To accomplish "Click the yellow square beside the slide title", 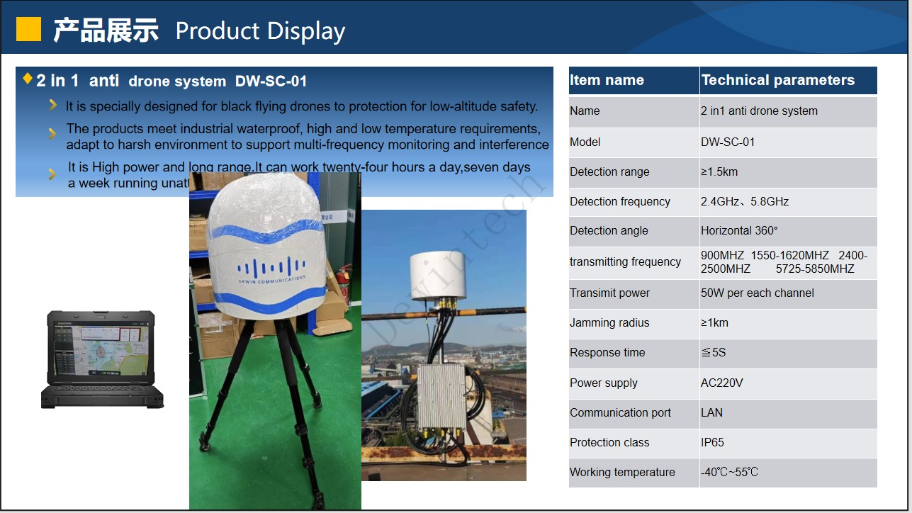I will pyautogui.click(x=28, y=29).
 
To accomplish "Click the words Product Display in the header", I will pyautogui.click(x=260, y=31).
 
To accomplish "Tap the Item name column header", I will pyautogui.click(x=607, y=80).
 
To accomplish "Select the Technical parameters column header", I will pyautogui.click(x=777, y=80).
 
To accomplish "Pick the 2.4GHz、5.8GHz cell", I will pyautogui.click(x=744, y=201).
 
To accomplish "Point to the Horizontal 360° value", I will pyautogui.click(x=739, y=230).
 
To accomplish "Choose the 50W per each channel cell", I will pyautogui.click(x=757, y=293).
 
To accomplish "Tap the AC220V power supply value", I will pyautogui.click(x=721, y=383).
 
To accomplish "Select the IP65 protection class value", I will pyautogui.click(x=712, y=442).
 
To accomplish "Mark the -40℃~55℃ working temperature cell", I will pyautogui.click(x=729, y=472).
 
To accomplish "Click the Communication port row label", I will pyautogui.click(x=620, y=412).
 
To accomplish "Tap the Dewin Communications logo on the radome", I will pyautogui.click(x=272, y=270).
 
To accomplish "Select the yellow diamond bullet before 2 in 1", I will pyautogui.click(x=28, y=78).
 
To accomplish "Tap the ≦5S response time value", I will pyautogui.click(x=713, y=352).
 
